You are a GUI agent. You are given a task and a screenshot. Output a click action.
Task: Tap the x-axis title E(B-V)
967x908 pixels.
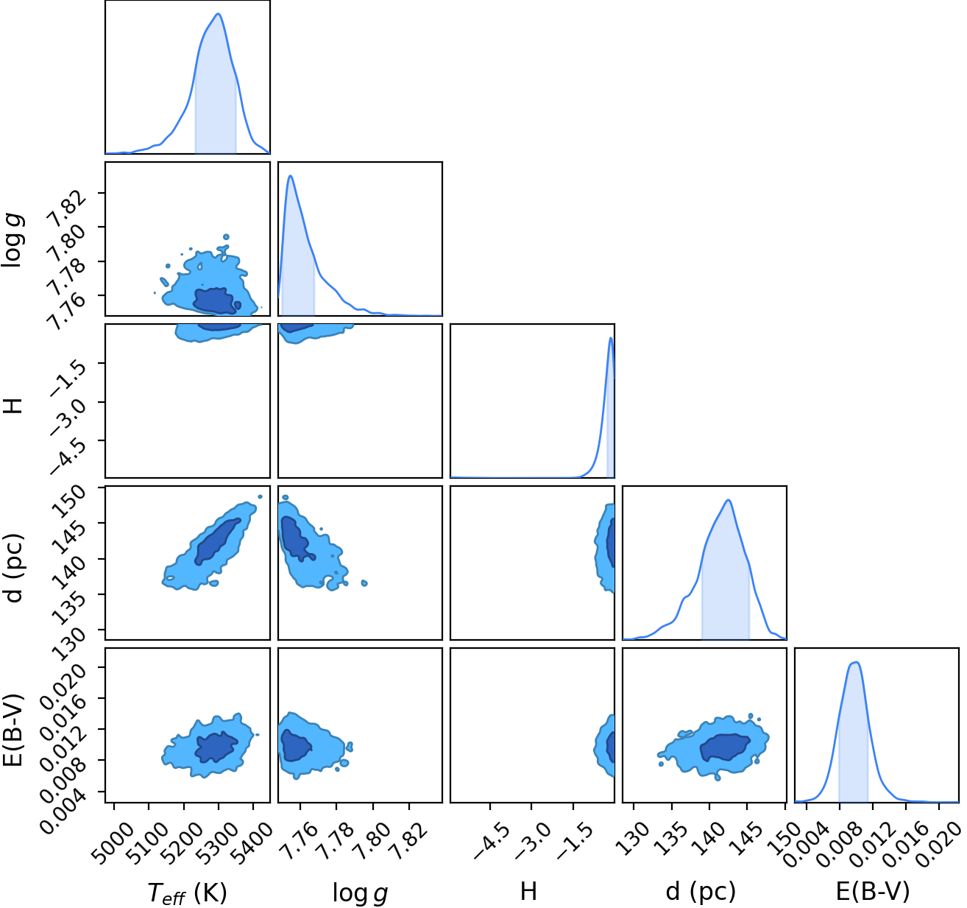click(873, 891)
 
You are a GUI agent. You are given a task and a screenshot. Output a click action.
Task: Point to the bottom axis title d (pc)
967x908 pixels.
click(701, 891)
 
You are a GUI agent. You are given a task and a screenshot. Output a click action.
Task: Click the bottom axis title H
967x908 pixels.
click(529, 891)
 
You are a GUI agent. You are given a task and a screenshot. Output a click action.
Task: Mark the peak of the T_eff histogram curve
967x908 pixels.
click(219, 14)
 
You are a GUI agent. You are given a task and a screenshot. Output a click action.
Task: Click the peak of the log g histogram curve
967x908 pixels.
click(290, 176)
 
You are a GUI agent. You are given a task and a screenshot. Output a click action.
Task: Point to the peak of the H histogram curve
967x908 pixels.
click(611, 338)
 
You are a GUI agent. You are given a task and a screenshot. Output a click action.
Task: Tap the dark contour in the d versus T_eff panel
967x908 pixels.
click(217, 541)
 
